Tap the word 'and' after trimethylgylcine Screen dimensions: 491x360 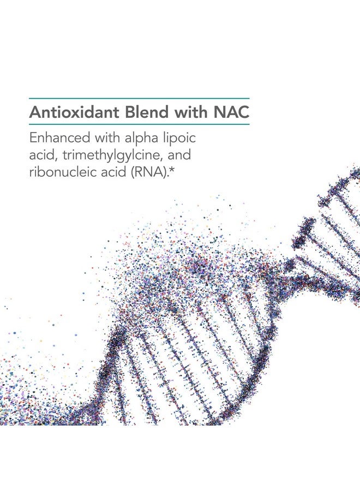(179, 155)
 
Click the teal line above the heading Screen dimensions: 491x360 (139, 98)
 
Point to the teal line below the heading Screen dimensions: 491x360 (139, 125)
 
